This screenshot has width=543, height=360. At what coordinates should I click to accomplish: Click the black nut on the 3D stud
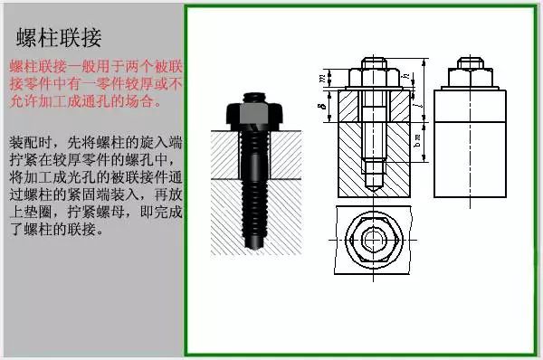click(x=256, y=114)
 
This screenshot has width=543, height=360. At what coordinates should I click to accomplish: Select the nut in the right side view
click(x=468, y=75)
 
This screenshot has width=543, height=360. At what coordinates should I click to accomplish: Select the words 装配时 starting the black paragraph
click(x=25, y=144)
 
